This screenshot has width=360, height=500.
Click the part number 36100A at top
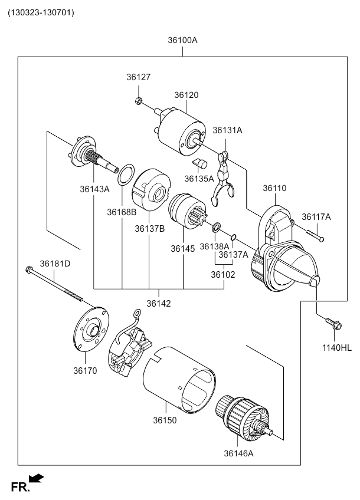point(182,41)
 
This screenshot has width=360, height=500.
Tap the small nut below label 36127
point(139,101)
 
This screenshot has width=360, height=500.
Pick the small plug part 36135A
point(200,164)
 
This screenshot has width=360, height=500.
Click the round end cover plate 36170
point(88,331)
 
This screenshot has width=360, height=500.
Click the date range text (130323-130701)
point(41,12)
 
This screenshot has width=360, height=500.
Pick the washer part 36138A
point(217,226)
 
